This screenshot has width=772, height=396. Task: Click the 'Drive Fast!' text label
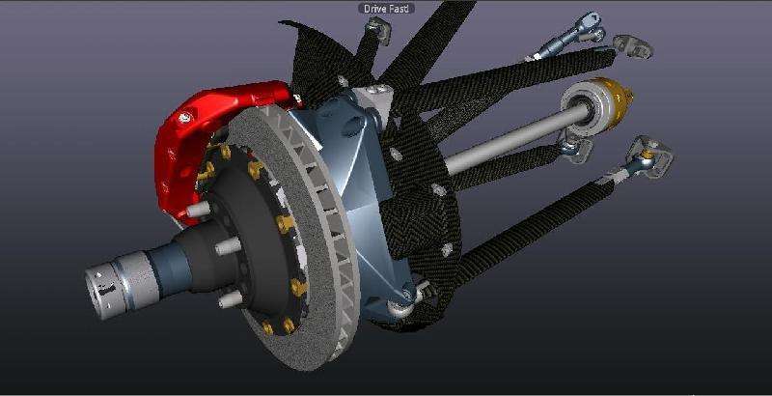tap(386, 9)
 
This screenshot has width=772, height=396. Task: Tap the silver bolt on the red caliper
tap(185, 118)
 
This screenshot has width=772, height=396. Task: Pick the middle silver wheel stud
tap(228, 245)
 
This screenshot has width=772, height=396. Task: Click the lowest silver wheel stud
tap(231, 298)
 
